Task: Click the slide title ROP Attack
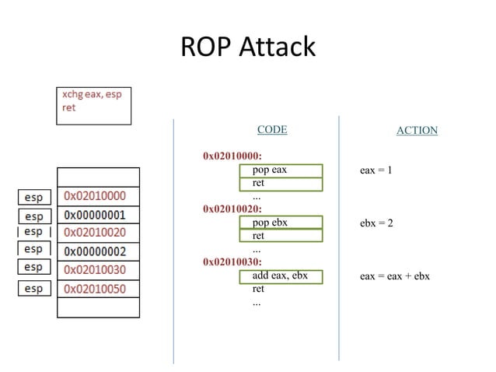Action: [247, 47]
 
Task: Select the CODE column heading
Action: [271, 129]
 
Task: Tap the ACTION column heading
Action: [417, 130]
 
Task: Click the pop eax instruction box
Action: [281, 170]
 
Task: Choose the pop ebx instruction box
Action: [281, 223]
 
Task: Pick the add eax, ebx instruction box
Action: [281, 275]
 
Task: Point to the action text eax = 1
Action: [375, 170]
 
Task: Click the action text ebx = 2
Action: [376, 223]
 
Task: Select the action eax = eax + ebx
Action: [394, 276]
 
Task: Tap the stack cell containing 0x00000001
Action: [98, 215]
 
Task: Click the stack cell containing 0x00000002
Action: [98, 251]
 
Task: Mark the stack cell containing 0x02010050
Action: [98, 289]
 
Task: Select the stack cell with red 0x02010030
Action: [98, 270]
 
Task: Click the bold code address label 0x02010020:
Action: [232, 209]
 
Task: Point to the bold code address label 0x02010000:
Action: [232, 156]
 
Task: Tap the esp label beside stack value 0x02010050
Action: [34, 289]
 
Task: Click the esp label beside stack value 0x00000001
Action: [34, 216]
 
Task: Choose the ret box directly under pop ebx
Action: [281, 236]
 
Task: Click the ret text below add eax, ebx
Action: [258, 289]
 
